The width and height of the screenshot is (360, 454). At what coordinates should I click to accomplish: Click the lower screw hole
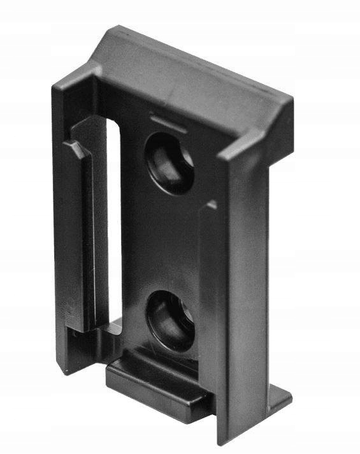click(170, 321)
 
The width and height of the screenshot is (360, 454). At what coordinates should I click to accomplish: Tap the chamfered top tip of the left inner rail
click(73, 148)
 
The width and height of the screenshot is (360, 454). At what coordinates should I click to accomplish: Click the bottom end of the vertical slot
click(114, 325)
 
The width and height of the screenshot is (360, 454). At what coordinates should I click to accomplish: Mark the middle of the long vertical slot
click(114, 223)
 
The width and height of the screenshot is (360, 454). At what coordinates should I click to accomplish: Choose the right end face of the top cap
click(280, 128)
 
